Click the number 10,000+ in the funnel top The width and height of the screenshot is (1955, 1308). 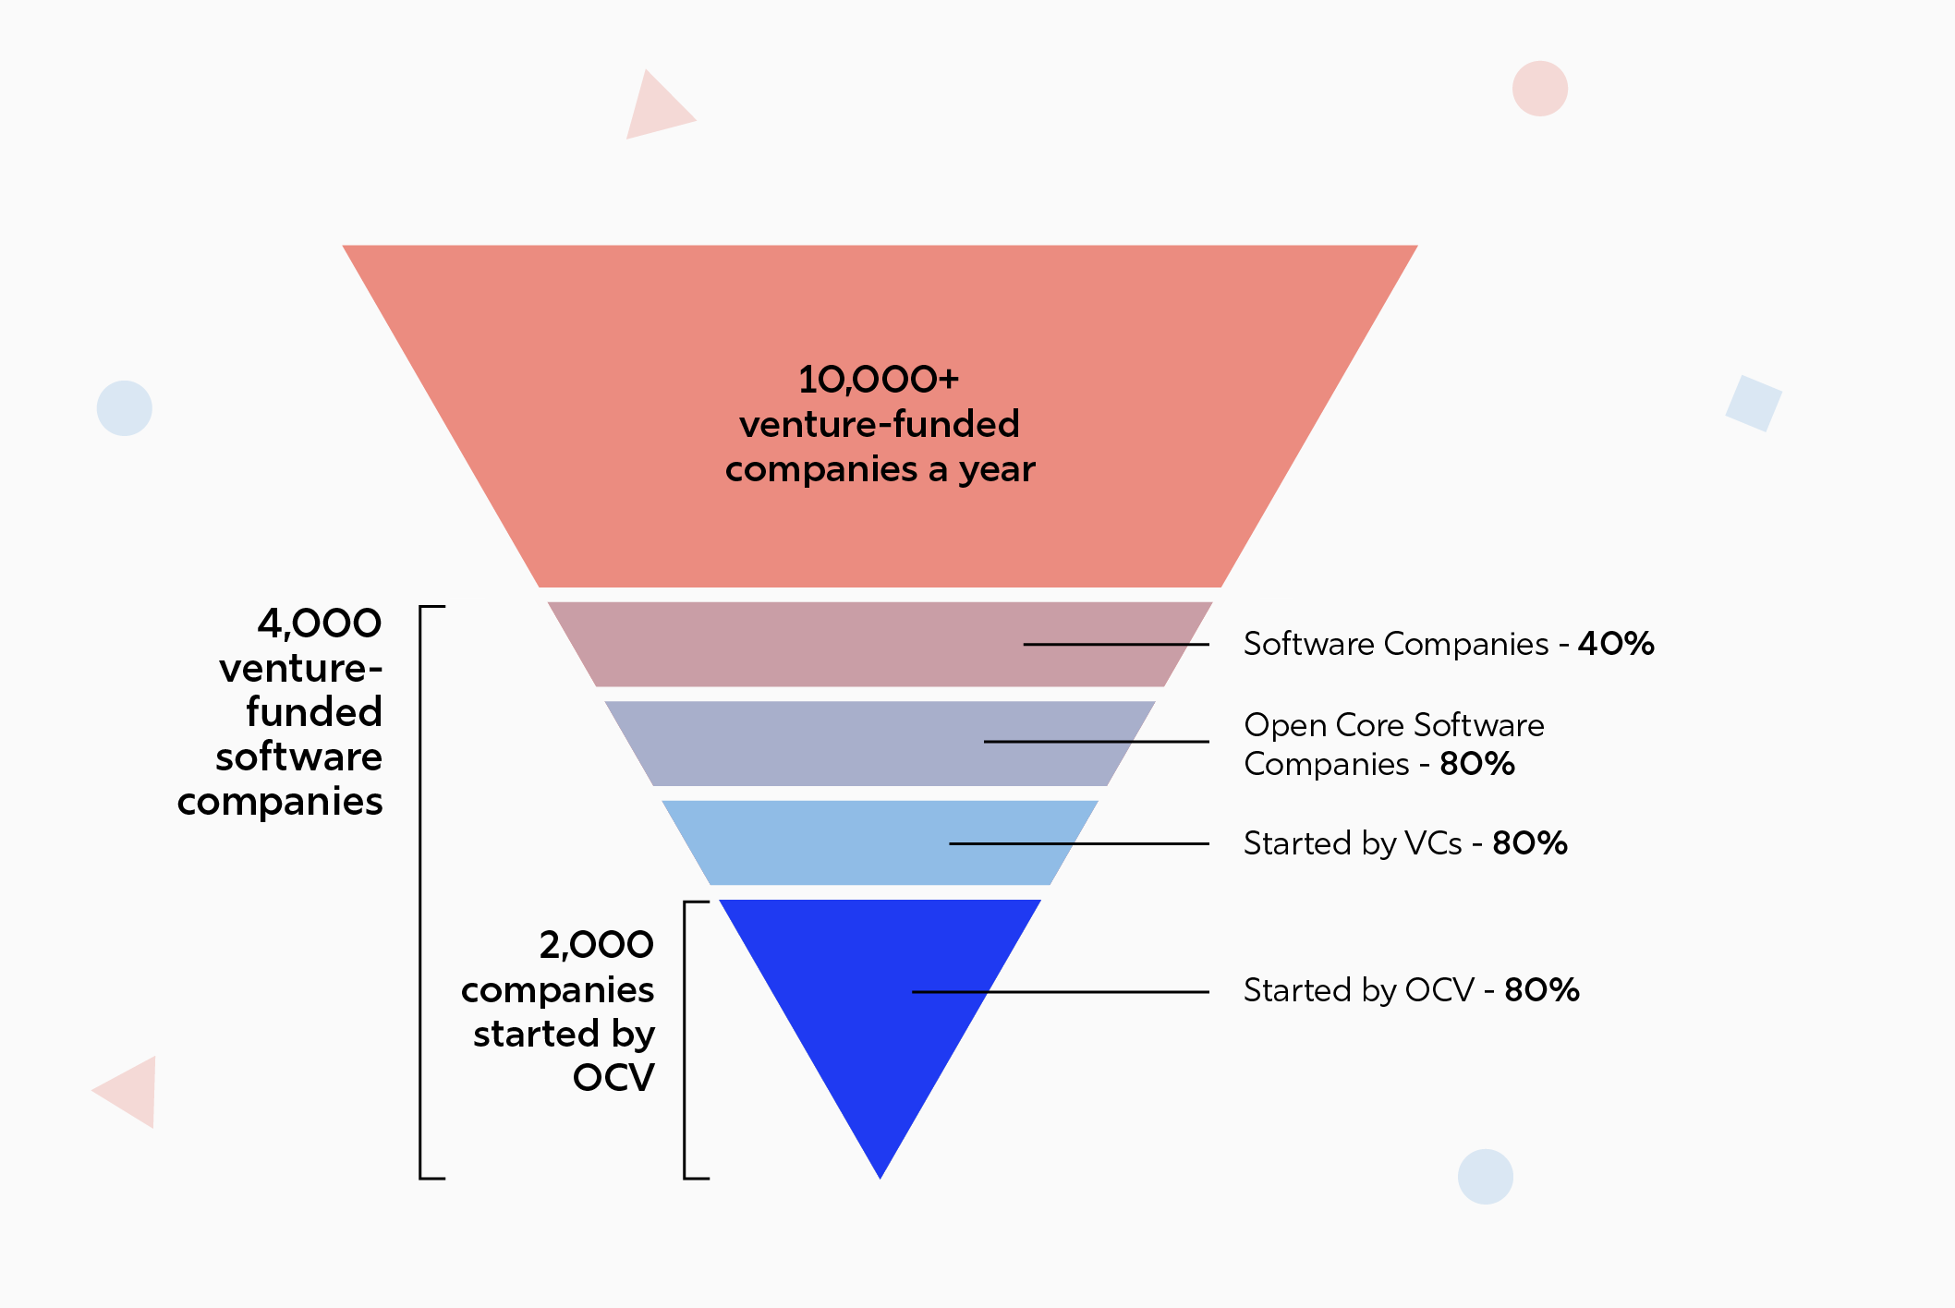pos(879,380)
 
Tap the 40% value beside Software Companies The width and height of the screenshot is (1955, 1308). pos(1616,644)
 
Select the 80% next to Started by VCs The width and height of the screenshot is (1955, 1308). pos(1530,843)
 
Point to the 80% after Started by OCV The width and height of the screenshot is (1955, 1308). pos(1542,990)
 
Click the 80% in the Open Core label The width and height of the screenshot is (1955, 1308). pos(1477,764)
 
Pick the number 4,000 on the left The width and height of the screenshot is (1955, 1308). pos(320,624)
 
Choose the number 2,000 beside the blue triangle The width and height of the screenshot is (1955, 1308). pos(597,945)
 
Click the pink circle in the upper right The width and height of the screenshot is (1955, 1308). pos(1539,89)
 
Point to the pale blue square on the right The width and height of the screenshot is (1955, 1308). pos(1753,404)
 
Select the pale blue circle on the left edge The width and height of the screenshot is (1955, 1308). pos(125,408)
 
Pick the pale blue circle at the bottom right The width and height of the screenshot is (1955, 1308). pos(1485,1176)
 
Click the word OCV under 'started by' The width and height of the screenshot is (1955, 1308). pos(613,1078)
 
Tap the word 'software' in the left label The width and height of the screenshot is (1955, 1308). pos(299,757)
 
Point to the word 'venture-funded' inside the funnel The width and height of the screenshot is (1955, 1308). pos(879,425)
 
